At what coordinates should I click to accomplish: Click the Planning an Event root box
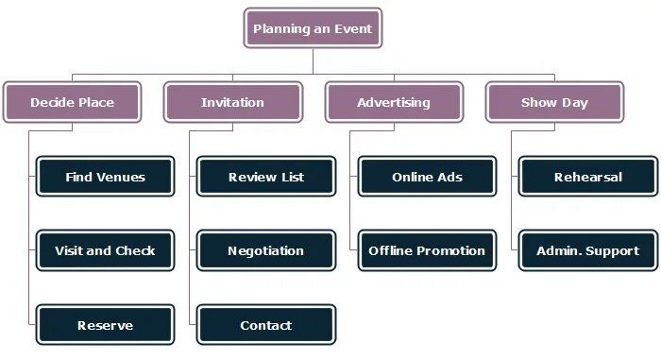coord(313,28)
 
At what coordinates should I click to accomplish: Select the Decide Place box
coord(72,102)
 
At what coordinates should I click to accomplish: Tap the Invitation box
coord(232,102)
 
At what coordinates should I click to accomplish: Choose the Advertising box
coord(394,102)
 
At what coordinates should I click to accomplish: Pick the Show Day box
coord(554,102)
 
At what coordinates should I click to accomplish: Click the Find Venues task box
coord(105,177)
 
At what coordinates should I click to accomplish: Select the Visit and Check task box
coord(105,250)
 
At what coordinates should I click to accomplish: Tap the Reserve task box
coord(105,325)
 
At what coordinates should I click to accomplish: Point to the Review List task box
coord(265,177)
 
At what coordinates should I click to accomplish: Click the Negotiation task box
coord(265,250)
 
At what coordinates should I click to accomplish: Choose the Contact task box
coord(265,325)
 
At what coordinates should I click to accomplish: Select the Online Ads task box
coord(427,177)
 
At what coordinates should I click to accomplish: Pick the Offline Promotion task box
coord(427,250)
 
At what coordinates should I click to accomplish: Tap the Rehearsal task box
coord(587,177)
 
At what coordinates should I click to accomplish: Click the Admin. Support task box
coord(587,250)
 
